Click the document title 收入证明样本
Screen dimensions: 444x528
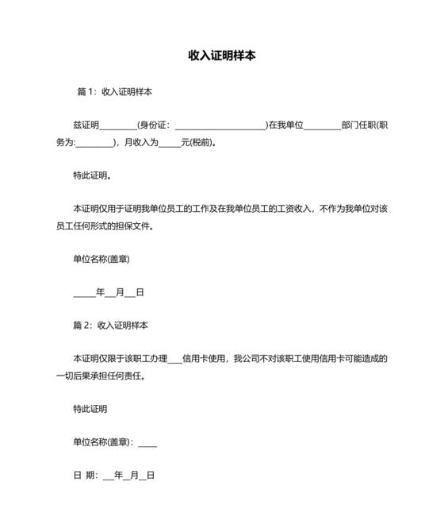pyautogui.click(x=221, y=56)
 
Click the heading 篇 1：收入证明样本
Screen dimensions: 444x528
pyautogui.click(x=114, y=91)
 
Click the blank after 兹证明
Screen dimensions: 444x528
pyautogui.click(x=118, y=125)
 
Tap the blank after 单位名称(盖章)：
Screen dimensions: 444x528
pyautogui.click(x=147, y=442)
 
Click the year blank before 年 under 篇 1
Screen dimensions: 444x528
pyautogui.click(x=84, y=292)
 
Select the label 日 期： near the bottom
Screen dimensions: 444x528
pyautogui.click(x=85, y=476)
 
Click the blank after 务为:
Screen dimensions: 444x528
pyautogui.click(x=96, y=144)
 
